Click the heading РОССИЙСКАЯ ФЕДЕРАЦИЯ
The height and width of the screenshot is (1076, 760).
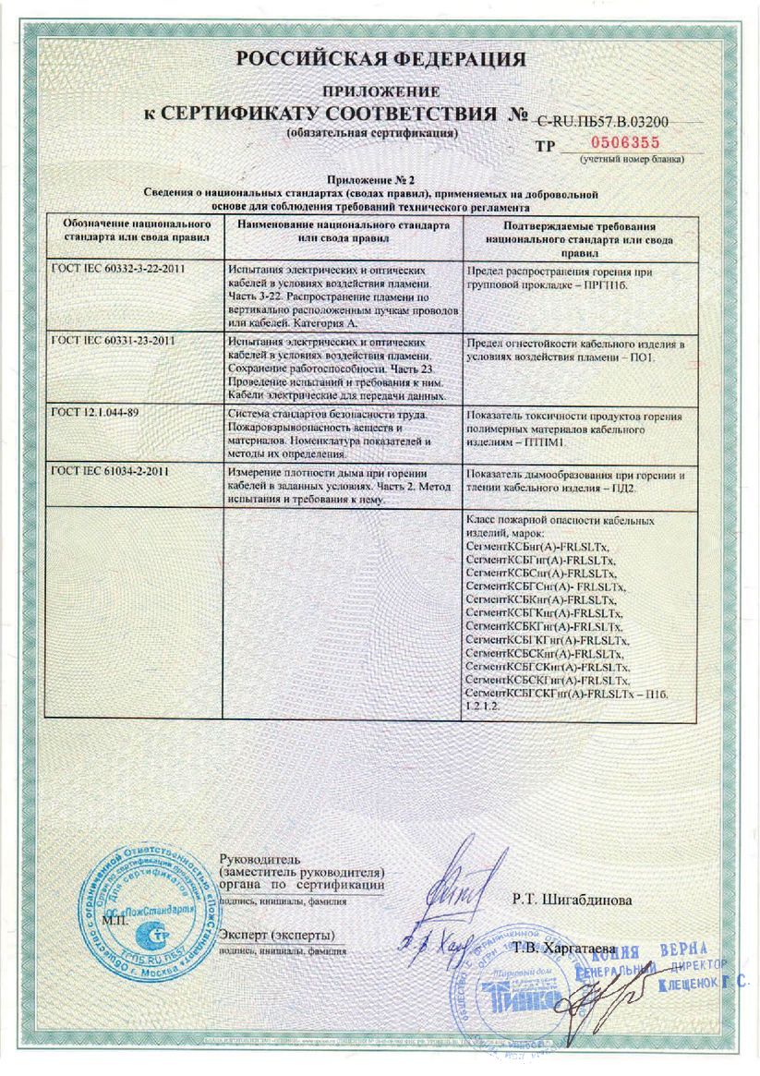point(380,60)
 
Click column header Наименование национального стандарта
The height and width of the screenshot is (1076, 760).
point(343,231)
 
